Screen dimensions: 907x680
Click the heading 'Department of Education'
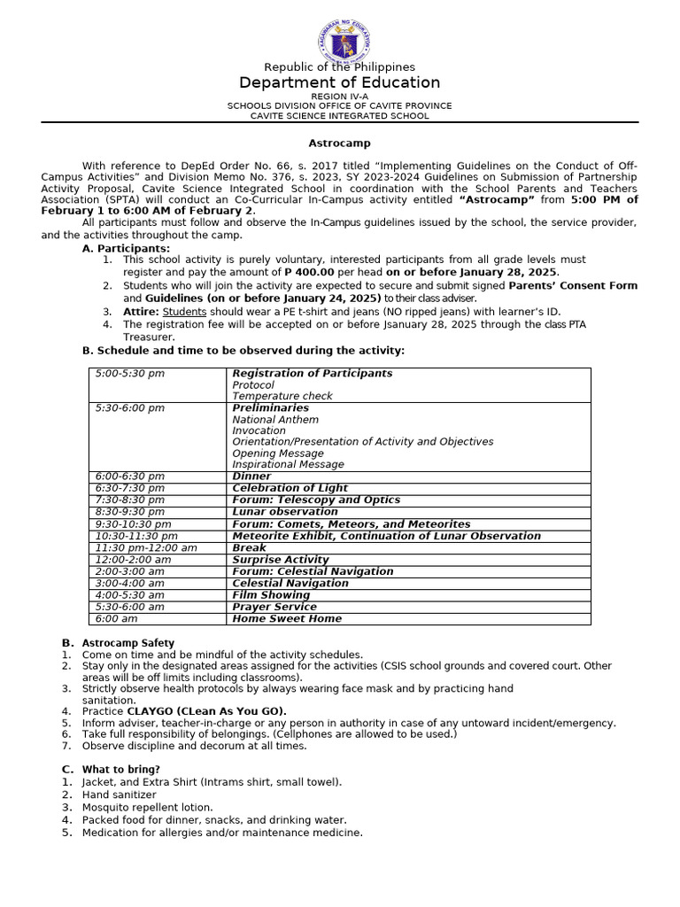[x=339, y=82]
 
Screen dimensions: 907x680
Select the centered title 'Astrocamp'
[x=339, y=143]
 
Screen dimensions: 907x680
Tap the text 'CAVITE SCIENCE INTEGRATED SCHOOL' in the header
[x=339, y=116]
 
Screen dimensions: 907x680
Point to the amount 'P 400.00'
[x=308, y=272]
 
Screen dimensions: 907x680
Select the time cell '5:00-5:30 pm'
[x=130, y=374]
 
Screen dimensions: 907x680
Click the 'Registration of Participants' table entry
[x=312, y=374]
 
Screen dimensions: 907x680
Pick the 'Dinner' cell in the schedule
[x=251, y=477]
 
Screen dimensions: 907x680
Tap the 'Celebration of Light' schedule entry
[x=290, y=488]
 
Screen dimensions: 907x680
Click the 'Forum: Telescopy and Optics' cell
[x=316, y=500]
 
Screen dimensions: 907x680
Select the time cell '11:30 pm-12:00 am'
[x=146, y=547]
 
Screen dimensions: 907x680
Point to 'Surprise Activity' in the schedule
[x=280, y=560]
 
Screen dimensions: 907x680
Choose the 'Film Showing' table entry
[x=271, y=595]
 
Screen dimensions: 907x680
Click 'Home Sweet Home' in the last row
[x=286, y=619]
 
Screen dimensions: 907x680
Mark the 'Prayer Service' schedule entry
[x=274, y=607]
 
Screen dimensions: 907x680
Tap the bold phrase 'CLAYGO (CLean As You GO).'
[x=207, y=711]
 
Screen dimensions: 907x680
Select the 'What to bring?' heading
[x=121, y=770]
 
